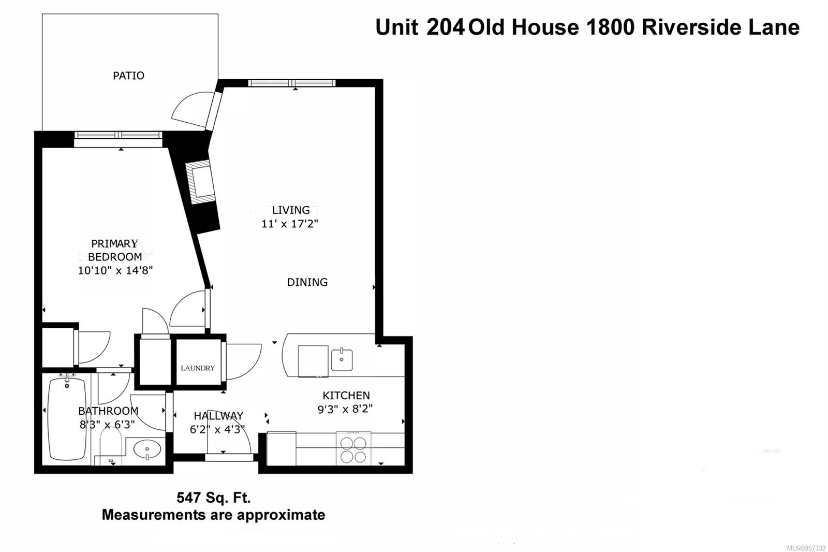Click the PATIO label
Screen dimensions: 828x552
[x=128, y=76]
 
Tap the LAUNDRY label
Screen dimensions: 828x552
[x=197, y=368]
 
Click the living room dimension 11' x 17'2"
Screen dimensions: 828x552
[x=290, y=224]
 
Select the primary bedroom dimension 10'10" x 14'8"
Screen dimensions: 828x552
[x=115, y=270]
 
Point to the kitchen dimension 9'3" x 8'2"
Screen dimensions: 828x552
[x=345, y=409]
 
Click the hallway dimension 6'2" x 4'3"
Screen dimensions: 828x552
[x=217, y=429]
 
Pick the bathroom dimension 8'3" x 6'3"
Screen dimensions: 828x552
[x=107, y=425]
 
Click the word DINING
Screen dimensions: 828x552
[x=307, y=282]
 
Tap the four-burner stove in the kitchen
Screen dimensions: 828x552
[x=353, y=449]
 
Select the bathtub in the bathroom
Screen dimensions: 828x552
[x=67, y=418]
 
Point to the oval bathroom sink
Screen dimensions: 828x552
[x=147, y=449]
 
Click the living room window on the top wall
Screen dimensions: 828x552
[x=292, y=83]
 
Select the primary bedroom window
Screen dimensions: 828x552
[x=119, y=135]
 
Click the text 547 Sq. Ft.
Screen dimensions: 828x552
[x=214, y=498]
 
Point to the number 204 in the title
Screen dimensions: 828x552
[x=445, y=27]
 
